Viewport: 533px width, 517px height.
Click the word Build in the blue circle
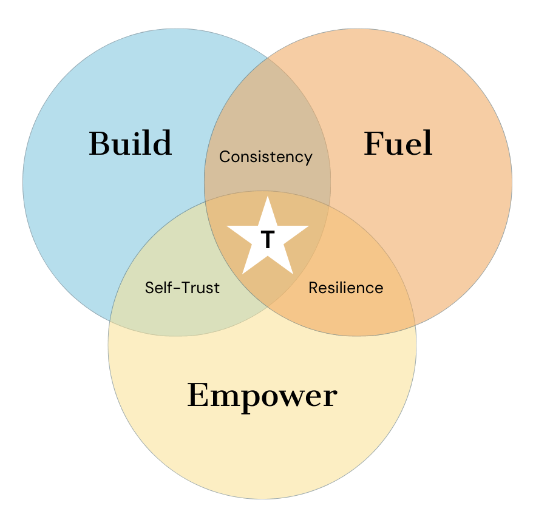(130, 143)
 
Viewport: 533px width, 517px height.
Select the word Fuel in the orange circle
(398, 144)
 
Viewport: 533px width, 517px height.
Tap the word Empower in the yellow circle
(262, 395)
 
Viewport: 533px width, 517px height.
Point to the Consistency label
(265, 157)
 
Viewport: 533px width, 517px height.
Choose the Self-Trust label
(182, 287)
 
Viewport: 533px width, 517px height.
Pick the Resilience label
(345, 287)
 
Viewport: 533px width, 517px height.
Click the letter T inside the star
(267, 240)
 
